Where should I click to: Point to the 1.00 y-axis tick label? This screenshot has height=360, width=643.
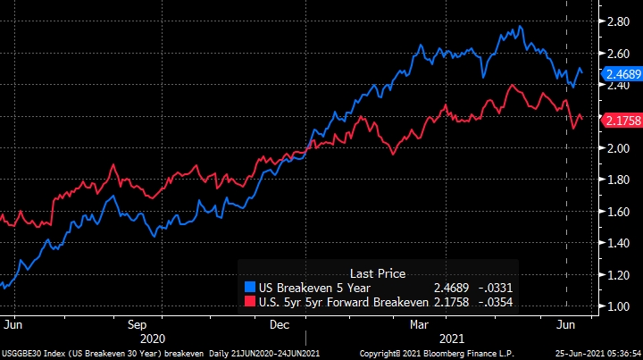click(x=618, y=306)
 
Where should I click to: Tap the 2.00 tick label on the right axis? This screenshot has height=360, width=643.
click(x=618, y=147)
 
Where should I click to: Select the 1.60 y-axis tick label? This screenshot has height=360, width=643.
click(x=618, y=212)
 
